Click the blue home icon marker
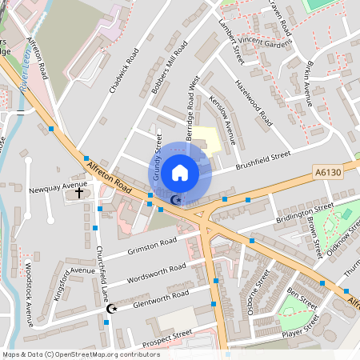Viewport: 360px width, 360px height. [x=180, y=172]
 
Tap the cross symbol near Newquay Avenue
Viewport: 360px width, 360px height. [x=79, y=193]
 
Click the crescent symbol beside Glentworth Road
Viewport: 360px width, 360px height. [x=112, y=308]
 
